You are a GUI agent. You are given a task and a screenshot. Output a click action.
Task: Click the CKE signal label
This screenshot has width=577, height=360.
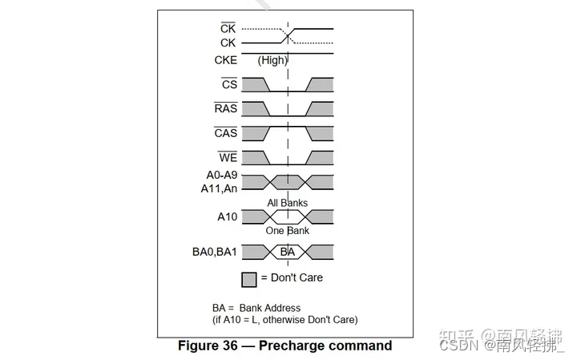[225, 59]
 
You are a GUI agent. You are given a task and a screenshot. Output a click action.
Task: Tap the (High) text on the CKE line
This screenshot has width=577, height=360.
[272, 60]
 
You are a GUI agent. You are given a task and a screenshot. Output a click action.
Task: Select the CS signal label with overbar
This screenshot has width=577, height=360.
[229, 84]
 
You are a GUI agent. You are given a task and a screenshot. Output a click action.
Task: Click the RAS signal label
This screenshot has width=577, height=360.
[226, 108]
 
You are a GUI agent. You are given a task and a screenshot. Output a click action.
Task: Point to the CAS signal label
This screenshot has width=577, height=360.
[226, 132]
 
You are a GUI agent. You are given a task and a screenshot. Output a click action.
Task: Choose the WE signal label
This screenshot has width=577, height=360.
[228, 156]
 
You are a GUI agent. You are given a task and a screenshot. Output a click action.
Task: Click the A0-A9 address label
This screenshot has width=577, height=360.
[219, 176]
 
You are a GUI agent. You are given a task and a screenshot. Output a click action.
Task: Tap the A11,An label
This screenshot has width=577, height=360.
[219, 188]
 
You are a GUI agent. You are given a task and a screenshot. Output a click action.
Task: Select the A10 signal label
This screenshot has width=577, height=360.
[227, 216]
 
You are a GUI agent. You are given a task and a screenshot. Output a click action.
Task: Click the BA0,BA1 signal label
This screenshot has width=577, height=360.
[215, 252]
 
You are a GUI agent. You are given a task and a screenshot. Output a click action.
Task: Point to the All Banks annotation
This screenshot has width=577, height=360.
[287, 203]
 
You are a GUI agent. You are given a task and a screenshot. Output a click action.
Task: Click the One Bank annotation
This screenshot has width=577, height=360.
[287, 231]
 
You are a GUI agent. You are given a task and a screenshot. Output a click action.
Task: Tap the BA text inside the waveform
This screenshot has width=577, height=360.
[288, 252]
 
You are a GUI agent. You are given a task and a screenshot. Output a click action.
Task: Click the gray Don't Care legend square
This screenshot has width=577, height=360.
[249, 279]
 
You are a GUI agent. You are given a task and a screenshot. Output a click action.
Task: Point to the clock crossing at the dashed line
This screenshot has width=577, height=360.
[288, 36]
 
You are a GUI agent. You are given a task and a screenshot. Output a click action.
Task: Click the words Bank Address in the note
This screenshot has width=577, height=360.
[270, 308]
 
